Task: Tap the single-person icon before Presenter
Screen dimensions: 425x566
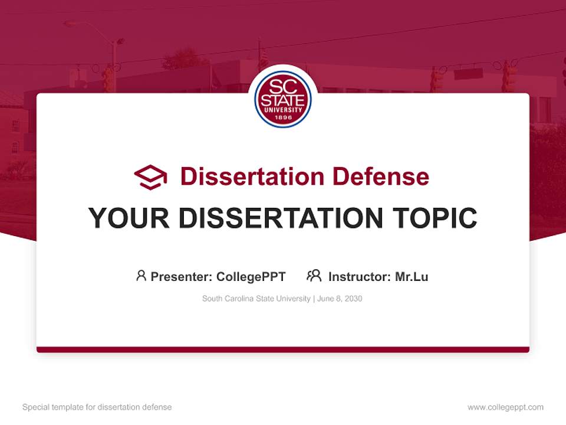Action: pyautogui.click(x=141, y=276)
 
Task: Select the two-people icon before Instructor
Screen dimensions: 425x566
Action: pyautogui.click(x=314, y=276)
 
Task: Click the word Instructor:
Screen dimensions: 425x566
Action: pyautogui.click(x=359, y=276)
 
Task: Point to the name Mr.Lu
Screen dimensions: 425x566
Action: pyautogui.click(x=412, y=276)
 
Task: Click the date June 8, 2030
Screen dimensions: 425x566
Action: pyautogui.click(x=340, y=299)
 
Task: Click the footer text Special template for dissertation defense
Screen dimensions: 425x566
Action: pyautogui.click(x=97, y=407)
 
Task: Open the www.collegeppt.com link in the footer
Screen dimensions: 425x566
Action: pyautogui.click(x=505, y=407)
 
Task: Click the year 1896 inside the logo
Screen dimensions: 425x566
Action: pyautogui.click(x=283, y=117)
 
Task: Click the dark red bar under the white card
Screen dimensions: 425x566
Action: pyautogui.click(x=283, y=349)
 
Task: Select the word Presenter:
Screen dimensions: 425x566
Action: pyautogui.click(x=181, y=276)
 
